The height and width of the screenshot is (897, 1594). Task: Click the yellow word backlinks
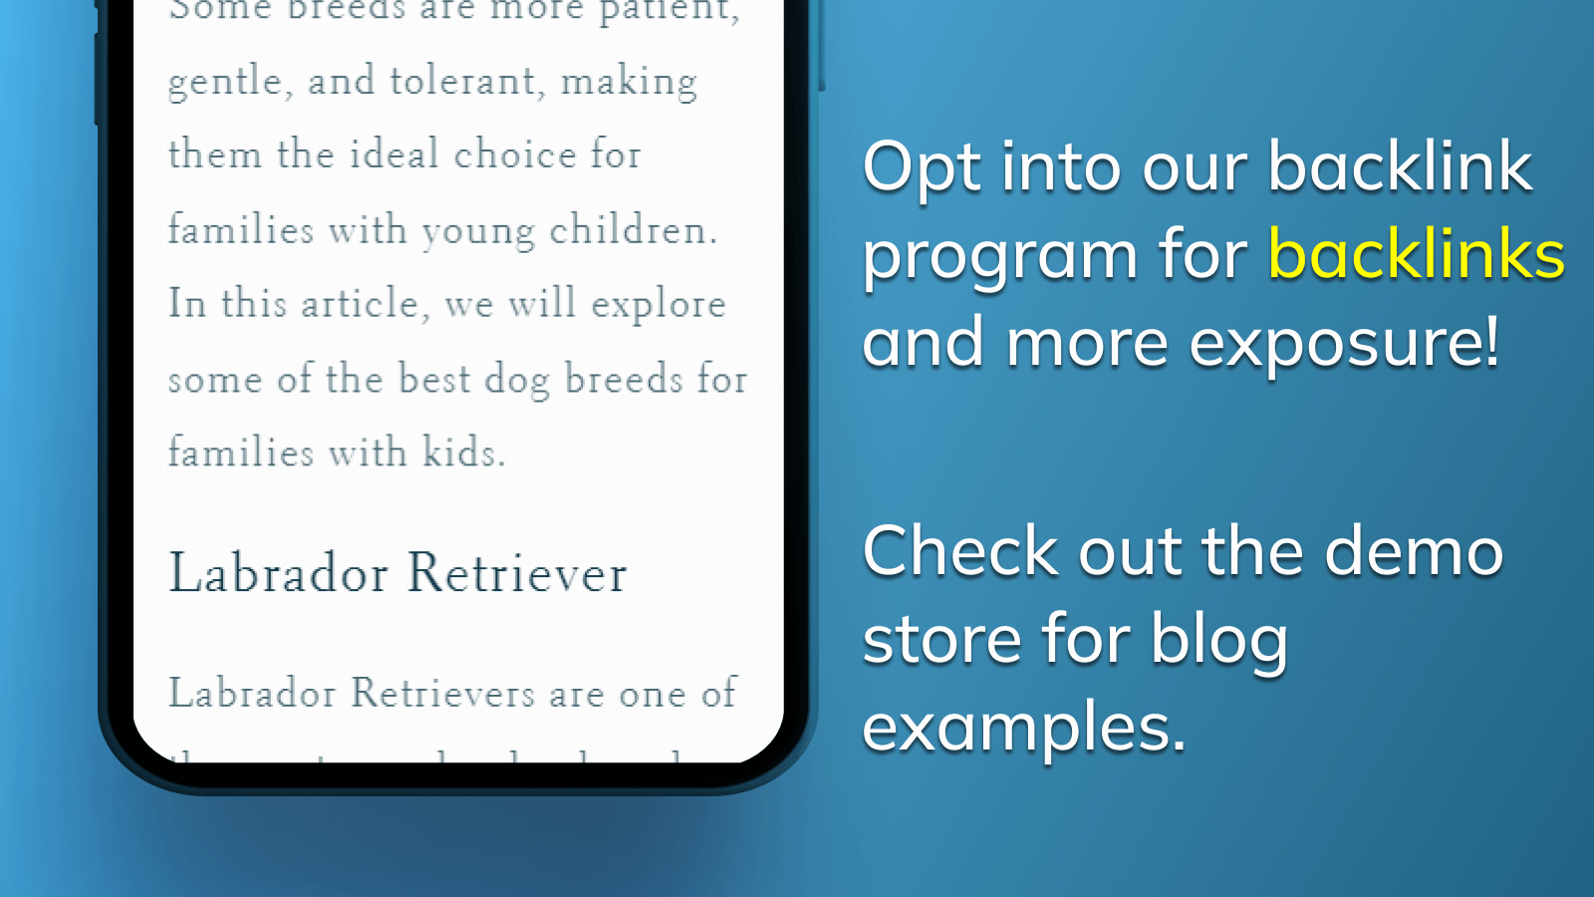click(x=1416, y=255)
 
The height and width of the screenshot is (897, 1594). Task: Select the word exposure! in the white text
click(x=1344, y=343)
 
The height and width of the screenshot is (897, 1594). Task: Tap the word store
click(x=941, y=639)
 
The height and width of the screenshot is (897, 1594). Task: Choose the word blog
click(x=1219, y=639)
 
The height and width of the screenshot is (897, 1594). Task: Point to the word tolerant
click(x=466, y=81)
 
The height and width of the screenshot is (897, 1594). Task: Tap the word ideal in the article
click(x=394, y=154)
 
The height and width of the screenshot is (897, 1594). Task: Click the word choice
click(x=515, y=154)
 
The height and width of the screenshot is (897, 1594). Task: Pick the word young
click(x=478, y=231)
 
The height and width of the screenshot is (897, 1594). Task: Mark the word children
click(x=633, y=229)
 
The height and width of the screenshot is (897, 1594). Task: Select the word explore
click(x=658, y=305)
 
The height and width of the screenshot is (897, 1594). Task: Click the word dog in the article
click(x=517, y=380)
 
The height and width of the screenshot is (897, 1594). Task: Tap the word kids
click(x=463, y=452)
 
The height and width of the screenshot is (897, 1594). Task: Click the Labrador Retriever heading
click(x=398, y=573)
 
